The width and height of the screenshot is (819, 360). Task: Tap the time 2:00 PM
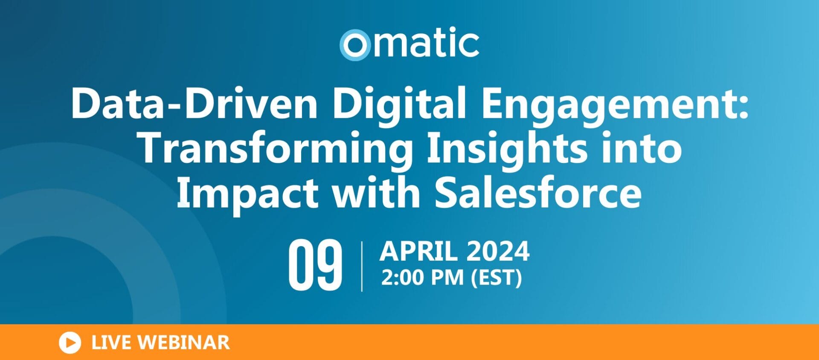click(x=422, y=278)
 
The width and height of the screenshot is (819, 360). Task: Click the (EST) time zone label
click(x=496, y=278)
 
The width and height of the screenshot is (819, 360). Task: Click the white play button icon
click(x=70, y=343)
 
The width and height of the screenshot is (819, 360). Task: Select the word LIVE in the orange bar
click(x=111, y=343)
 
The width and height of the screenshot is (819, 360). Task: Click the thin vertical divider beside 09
click(x=362, y=266)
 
